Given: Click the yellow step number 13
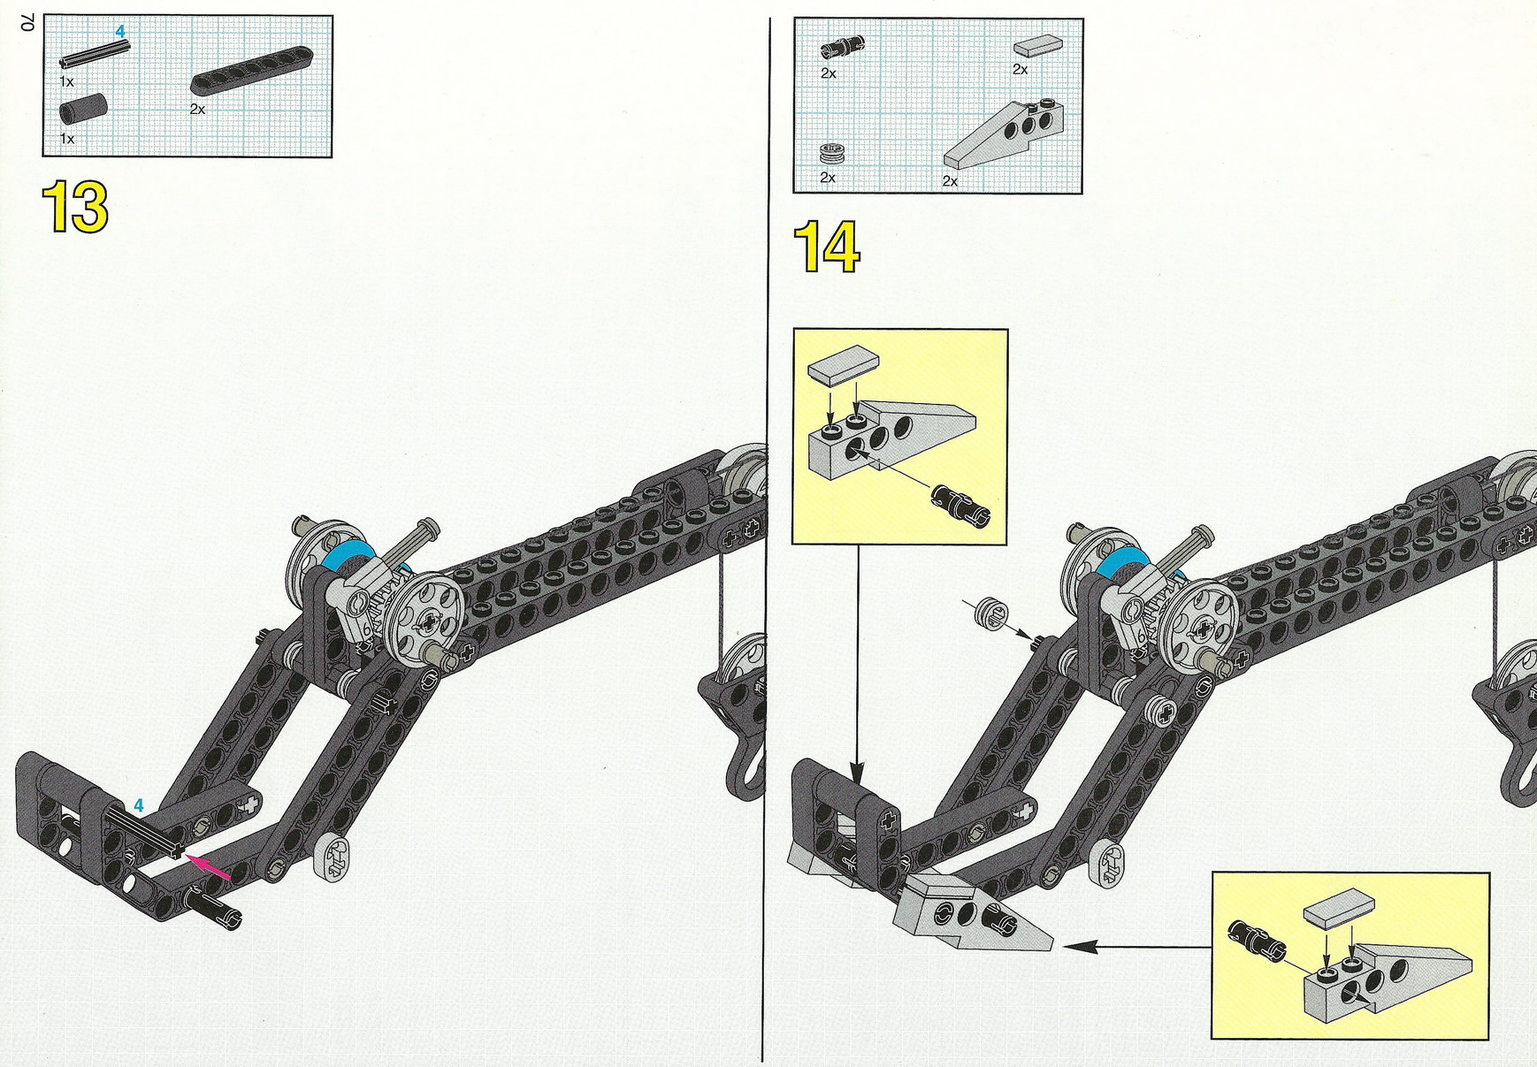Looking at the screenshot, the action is pyautogui.click(x=75, y=207).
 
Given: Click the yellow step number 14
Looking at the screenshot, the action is pyautogui.click(x=827, y=247).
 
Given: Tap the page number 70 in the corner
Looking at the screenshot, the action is pyautogui.click(x=27, y=24).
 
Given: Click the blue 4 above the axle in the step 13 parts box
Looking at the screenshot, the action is pyautogui.click(x=120, y=32).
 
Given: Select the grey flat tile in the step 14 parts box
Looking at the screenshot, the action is pyautogui.click(x=1038, y=45).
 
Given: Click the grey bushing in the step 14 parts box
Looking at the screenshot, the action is pyautogui.click(x=831, y=154).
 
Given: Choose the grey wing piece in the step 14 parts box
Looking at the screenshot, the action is pyautogui.click(x=1004, y=133).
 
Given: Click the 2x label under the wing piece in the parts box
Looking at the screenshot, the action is pyautogui.click(x=950, y=181).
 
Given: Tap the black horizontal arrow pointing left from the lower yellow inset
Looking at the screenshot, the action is pyautogui.click(x=1137, y=947).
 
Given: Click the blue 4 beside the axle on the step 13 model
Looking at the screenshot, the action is pyautogui.click(x=139, y=806).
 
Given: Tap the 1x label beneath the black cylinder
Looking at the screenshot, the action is pyautogui.click(x=67, y=139).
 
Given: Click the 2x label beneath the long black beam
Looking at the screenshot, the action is pyautogui.click(x=197, y=109).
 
